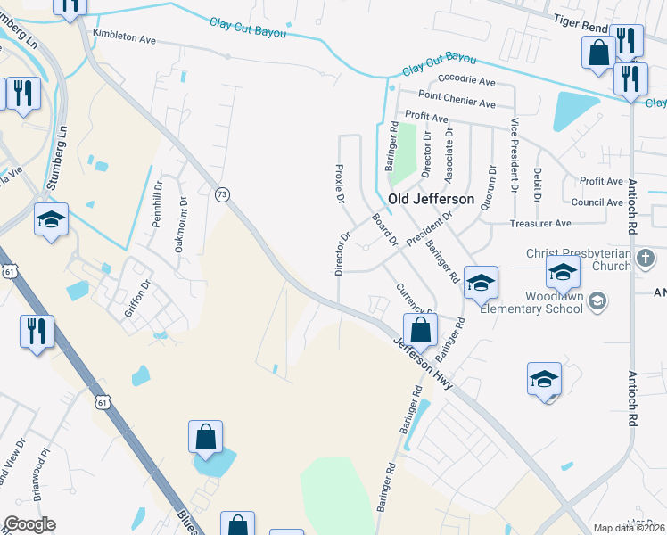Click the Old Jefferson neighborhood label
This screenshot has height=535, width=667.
[x=431, y=199]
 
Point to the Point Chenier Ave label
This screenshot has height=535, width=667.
[x=457, y=103]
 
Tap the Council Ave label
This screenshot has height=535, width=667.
[x=597, y=202]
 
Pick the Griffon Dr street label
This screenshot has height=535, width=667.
[x=133, y=299]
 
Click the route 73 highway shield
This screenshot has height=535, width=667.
[x=223, y=193]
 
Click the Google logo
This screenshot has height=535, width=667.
[x=29, y=524]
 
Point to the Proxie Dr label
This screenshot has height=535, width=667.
[x=339, y=183]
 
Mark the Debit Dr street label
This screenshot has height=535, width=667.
[x=537, y=185]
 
